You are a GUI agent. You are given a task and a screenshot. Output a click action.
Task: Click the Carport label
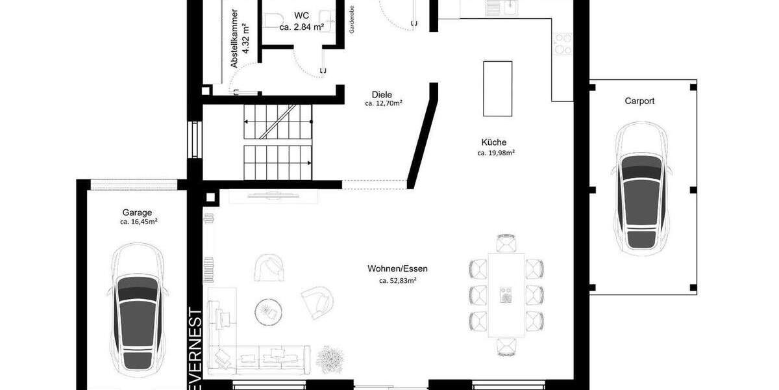point(639,101)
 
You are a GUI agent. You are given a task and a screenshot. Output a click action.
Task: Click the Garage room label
point(137,212)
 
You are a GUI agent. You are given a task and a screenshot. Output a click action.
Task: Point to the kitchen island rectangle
point(497,88)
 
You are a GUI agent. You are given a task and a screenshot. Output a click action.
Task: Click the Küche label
point(494,142)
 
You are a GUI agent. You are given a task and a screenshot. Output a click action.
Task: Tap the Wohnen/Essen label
point(397,268)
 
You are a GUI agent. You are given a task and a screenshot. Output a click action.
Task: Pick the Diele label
point(382,94)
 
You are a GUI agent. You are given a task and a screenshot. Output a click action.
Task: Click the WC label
point(301,16)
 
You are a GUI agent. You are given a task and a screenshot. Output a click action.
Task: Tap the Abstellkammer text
point(235,39)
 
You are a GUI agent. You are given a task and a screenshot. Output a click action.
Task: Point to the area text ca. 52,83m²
point(397,281)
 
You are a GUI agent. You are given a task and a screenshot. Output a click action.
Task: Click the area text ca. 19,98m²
point(496,153)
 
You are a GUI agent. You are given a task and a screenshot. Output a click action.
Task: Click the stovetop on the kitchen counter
point(562,43)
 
